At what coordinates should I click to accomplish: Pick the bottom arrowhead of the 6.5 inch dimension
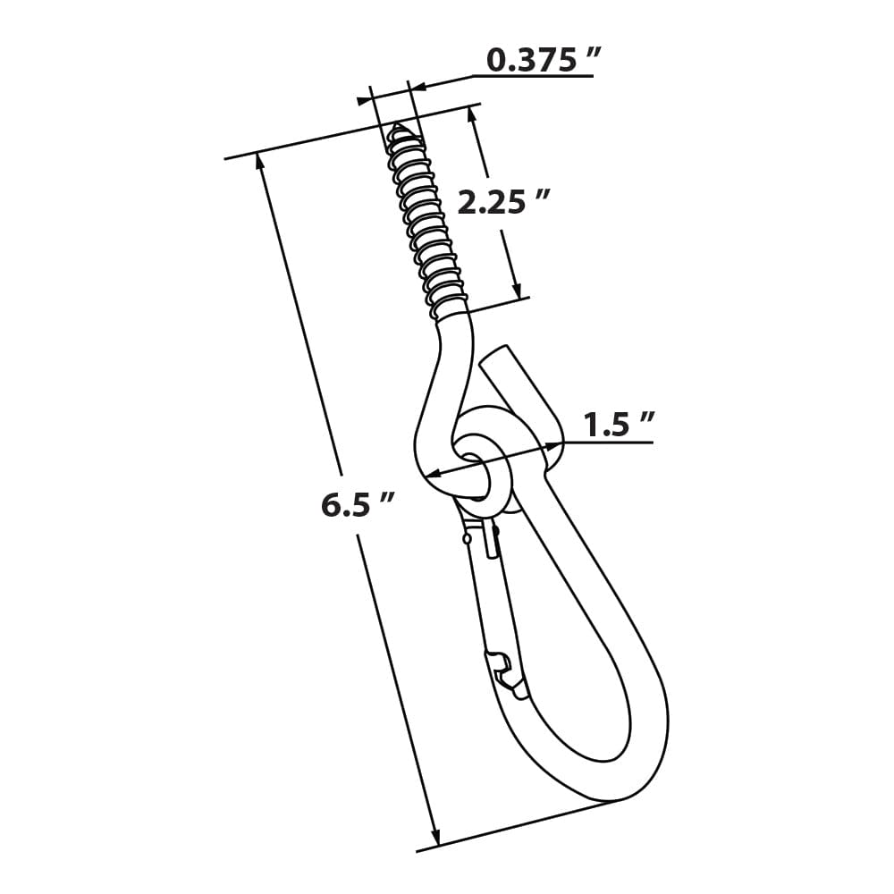[435, 837]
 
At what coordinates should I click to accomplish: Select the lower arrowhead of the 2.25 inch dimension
[516, 290]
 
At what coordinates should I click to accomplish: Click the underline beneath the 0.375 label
[536, 76]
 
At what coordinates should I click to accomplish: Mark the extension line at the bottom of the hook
[519, 824]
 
